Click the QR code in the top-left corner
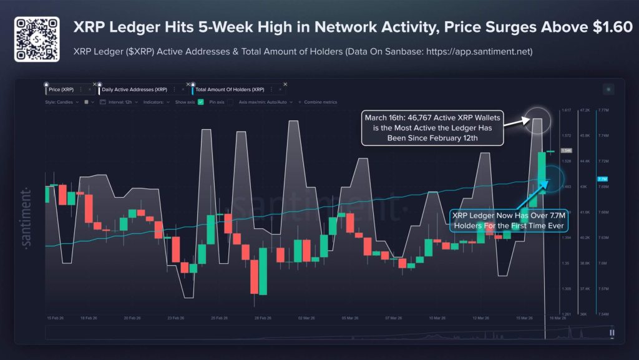click(x=37, y=39)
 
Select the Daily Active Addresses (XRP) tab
click(x=134, y=90)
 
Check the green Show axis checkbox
click(x=201, y=102)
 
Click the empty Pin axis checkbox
click(x=230, y=102)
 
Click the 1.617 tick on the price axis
click(x=567, y=110)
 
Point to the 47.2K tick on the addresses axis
click(x=585, y=110)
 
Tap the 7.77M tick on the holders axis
click(x=603, y=110)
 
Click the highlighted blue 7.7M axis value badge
click(x=602, y=179)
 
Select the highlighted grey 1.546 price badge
click(x=567, y=150)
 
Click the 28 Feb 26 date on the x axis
click(x=262, y=318)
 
